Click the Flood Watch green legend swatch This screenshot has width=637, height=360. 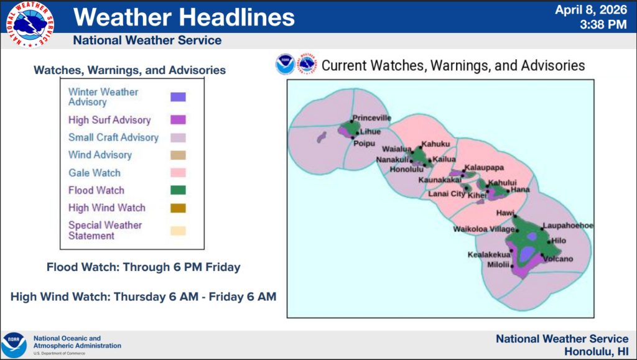point(178,190)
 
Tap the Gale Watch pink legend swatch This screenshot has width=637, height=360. point(178,172)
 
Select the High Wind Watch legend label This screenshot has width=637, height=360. point(107,208)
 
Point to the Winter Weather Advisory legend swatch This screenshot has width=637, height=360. point(178,96)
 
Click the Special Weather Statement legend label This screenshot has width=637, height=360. point(105,231)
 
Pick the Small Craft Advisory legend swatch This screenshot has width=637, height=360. point(178,137)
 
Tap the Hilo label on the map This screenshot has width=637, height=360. point(559,241)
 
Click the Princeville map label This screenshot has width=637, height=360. point(372,118)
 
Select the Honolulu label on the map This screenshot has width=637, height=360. point(406,169)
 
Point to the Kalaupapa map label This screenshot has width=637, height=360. point(484,168)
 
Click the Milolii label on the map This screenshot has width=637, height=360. point(498,265)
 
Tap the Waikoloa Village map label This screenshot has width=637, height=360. point(484,229)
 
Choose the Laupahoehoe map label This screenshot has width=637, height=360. point(568,226)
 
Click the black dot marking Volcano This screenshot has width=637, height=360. point(542,255)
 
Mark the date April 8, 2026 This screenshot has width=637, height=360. point(591,10)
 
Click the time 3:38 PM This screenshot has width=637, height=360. point(603,24)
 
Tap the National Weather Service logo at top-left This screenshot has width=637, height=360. point(30,24)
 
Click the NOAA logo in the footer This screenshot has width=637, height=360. point(14,345)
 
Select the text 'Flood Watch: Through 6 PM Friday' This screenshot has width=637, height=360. point(144,267)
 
